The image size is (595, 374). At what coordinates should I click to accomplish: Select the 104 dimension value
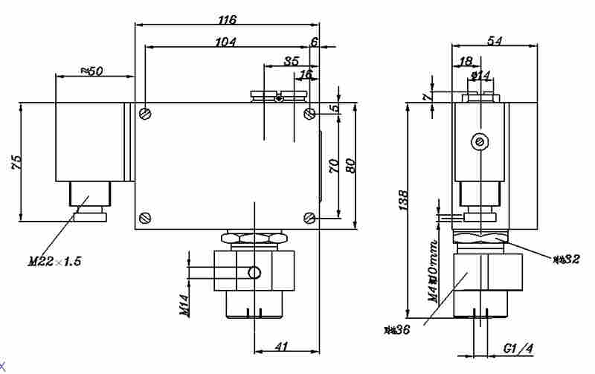[225, 42]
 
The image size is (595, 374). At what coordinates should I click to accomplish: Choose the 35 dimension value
[292, 60]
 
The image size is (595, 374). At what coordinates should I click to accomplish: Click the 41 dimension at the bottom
[282, 346]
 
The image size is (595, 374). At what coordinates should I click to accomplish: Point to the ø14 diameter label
[480, 75]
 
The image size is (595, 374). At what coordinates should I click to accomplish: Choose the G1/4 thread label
[518, 348]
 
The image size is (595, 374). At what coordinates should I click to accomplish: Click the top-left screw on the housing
[146, 114]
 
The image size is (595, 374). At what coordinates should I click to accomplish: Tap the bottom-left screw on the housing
[146, 218]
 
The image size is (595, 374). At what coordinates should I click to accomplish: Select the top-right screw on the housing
[309, 114]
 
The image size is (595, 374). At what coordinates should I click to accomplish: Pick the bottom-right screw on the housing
[309, 218]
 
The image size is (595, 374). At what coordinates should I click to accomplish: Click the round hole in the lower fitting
[254, 273]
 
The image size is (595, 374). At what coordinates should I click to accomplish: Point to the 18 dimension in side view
[466, 61]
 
